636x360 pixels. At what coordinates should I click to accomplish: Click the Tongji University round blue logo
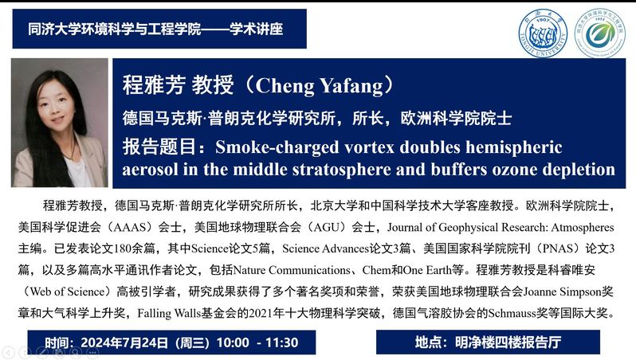point(543,33)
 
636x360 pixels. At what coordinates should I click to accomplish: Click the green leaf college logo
point(600,33)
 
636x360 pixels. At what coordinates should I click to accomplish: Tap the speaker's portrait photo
point(60,123)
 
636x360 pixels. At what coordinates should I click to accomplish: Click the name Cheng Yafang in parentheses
point(319,85)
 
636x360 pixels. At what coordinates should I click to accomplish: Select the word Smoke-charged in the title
point(277,147)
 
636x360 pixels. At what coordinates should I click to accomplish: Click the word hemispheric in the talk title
point(514,148)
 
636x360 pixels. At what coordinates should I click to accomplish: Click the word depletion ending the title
point(579,170)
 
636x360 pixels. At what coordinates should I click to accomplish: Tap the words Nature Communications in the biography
point(292,270)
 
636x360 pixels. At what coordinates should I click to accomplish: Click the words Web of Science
point(67,292)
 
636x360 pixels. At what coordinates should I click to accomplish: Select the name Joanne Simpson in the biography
point(562,292)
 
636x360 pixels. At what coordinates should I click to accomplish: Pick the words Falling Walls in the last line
point(169,313)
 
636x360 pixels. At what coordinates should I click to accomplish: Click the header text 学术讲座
point(257,29)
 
